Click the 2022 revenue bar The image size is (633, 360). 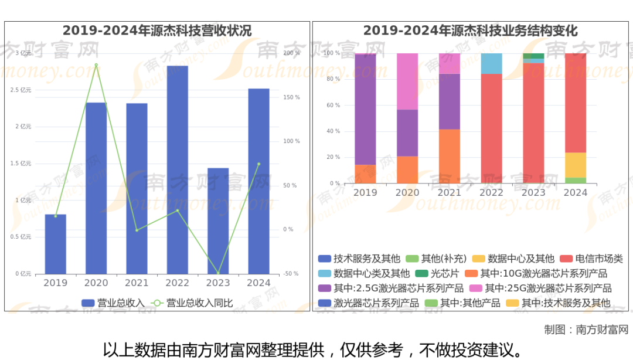coord(177,169)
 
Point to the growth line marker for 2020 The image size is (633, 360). coord(96,65)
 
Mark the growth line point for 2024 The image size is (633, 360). coord(258,164)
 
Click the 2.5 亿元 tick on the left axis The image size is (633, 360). coord(22,90)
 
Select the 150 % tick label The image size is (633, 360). coord(291,97)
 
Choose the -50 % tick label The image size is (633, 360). coord(291,274)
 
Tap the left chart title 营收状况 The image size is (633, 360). coord(157,30)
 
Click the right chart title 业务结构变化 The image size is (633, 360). coord(470,30)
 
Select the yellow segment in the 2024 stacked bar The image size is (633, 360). coord(576,165)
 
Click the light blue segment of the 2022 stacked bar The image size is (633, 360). coord(492,63)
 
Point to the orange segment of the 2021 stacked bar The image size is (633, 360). coord(450,156)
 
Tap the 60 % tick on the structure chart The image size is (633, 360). coord(333,106)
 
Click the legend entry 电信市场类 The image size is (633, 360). coord(591,259)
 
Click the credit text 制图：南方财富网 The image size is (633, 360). coord(586,330)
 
